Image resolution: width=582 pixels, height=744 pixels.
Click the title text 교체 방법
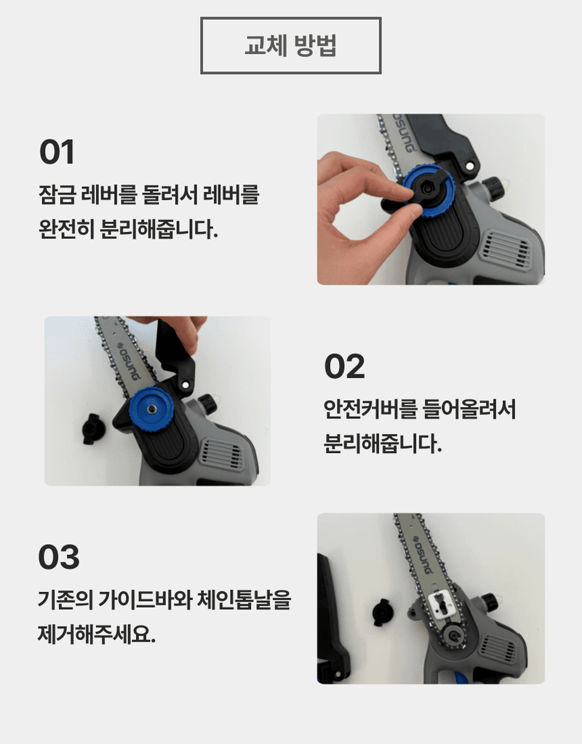290,46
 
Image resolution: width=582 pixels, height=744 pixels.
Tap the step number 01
57,153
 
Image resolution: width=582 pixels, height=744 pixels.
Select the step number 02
344,367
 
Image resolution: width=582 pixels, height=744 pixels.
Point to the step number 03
59,558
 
